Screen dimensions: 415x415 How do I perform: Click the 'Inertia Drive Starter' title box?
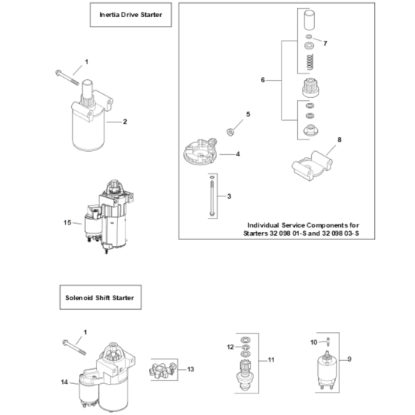pyautogui.click(x=130, y=15)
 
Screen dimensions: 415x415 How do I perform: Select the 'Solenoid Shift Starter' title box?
pyautogui.click(x=100, y=297)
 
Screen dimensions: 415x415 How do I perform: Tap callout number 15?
pyautogui.click(x=67, y=222)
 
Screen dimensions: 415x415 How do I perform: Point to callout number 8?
pyautogui.click(x=339, y=140)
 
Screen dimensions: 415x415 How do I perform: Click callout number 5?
pyautogui.click(x=248, y=114)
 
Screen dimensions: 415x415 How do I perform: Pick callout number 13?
pyautogui.click(x=190, y=369)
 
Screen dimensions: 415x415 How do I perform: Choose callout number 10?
pyautogui.click(x=313, y=342)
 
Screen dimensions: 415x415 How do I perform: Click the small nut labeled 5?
pyautogui.click(x=230, y=132)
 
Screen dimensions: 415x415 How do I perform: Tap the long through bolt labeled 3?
pyautogui.click(x=212, y=197)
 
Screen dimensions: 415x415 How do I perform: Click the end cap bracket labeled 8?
pyautogui.click(x=312, y=166)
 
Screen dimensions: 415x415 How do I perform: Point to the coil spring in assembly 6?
pyautogui.click(x=310, y=62)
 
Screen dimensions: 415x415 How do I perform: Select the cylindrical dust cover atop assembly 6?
pyautogui.click(x=309, y=20)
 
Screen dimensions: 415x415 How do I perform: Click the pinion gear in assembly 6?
pyautogui.click(x=311, y=88)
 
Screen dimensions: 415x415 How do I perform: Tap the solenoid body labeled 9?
pyautogui.click(x=328, y=368)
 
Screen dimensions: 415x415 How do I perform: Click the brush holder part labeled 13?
pyautogui.click(x=162, y=370)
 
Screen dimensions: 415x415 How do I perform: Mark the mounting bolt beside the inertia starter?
pyautogui.click(x=67, y=77)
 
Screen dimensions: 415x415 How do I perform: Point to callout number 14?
pyautogui.click(x=64, y=382)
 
